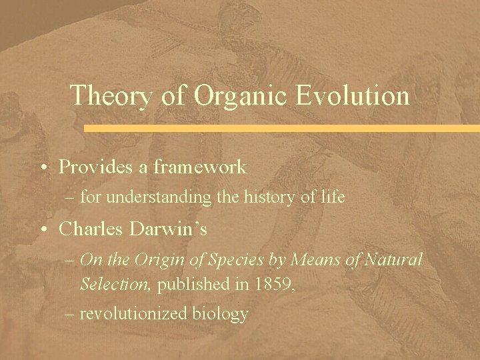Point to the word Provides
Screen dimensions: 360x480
click(x=97, y=167)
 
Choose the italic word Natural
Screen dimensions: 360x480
click(x=394, y=260)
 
